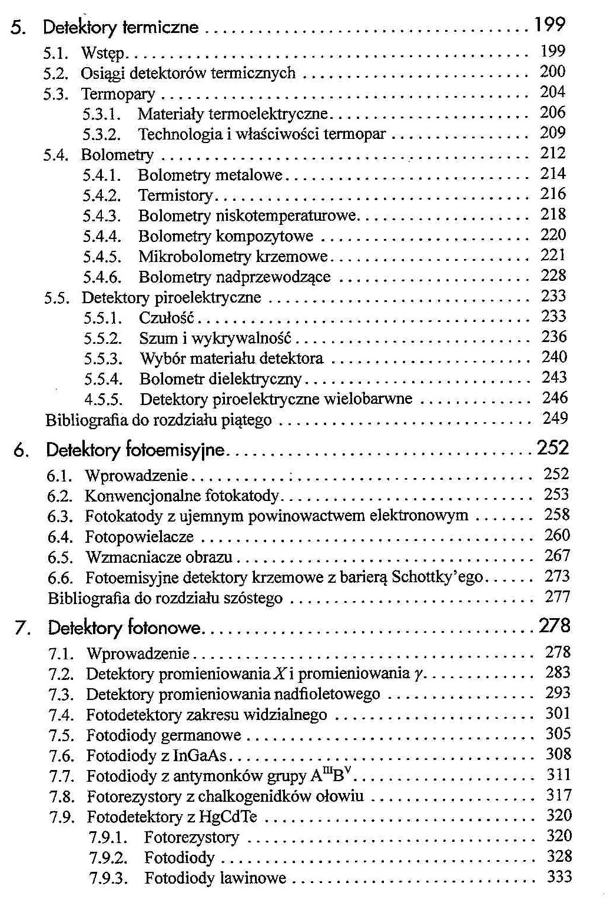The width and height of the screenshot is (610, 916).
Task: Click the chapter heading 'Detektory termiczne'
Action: [x=121, y=27]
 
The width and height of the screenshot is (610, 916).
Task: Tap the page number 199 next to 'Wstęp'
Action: [x=552, y=52]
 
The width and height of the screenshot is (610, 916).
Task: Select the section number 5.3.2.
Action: [x=101, y=134]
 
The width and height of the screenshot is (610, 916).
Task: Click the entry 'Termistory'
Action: [x=175, y=195]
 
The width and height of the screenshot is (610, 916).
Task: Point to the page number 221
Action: [x=553, y=255]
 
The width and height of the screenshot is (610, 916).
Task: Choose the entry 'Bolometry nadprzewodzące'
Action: [x=234, y=277]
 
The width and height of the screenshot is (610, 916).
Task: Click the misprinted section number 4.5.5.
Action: [x=103, y=400]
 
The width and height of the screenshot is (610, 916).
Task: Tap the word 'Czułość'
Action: [x=167, y=318]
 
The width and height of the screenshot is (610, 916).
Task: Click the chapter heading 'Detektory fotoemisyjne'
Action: [x=135, y=451]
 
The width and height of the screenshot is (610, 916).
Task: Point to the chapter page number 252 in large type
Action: [x=553, y=449]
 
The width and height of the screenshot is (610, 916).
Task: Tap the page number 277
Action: [x=557, y=598]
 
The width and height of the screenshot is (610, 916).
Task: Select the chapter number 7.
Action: [x=21, y=629]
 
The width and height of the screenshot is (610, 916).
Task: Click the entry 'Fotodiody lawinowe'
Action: [x=215, y=879]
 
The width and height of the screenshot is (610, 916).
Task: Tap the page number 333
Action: [x=559, y=877]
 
